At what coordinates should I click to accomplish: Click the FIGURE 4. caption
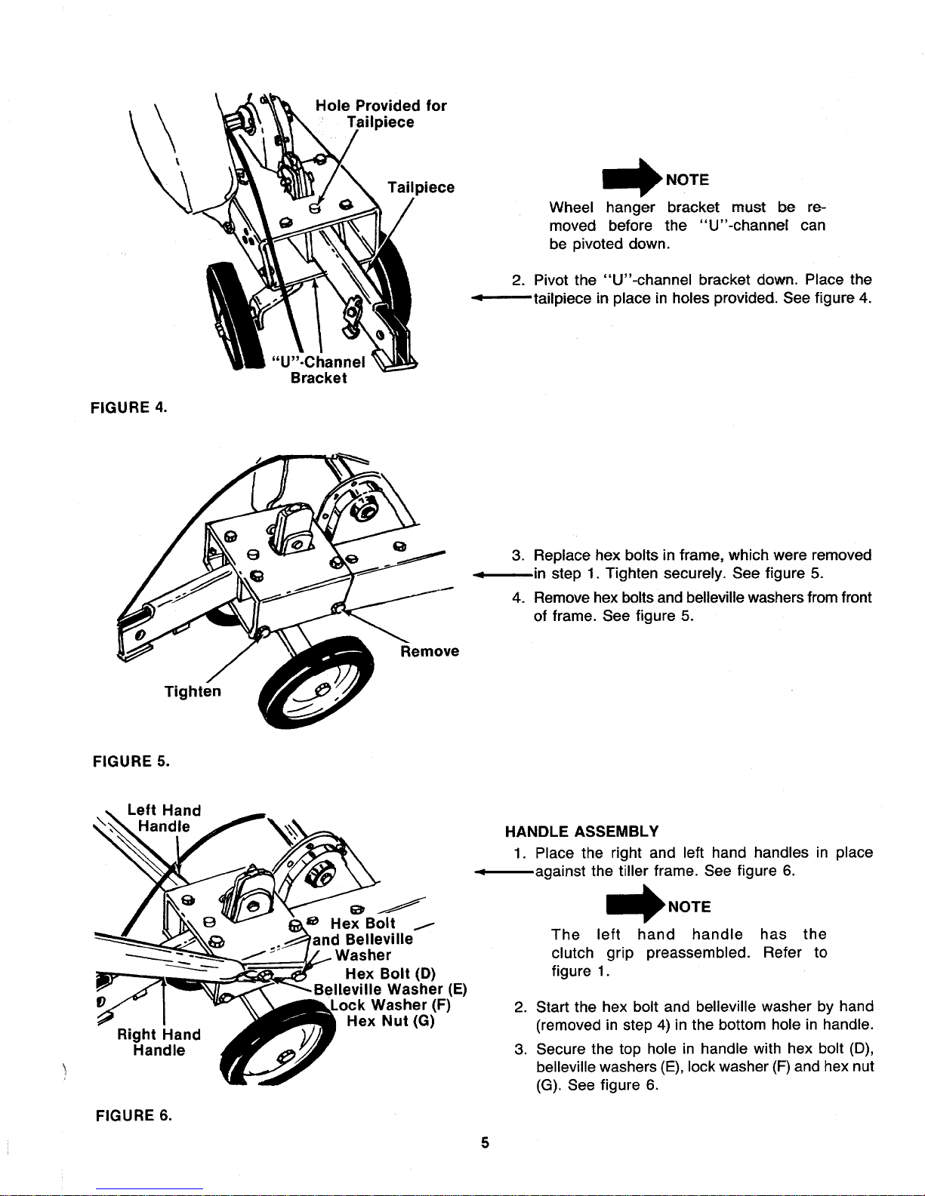click(x=128, y=407)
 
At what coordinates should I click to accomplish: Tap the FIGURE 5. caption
click(x=131, y=761)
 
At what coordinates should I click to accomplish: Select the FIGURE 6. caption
click(x=134, y=1115)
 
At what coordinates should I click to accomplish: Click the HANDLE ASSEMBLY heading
click(x=581, y=831)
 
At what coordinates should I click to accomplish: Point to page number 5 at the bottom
click(x=485, y=1142)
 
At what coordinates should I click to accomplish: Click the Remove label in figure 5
click(x=430, y=651)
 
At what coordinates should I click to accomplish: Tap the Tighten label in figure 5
click(x=193, y=691)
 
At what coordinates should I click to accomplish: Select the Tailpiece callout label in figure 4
click(x=421, y=188)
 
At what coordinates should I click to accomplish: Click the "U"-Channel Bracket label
click(x=319, y=370)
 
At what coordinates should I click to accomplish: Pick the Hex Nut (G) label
click(x=390, y=1021)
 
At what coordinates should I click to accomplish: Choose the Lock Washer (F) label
click(x=390, y=1005)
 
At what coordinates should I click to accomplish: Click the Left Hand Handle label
click(x=164, y=818)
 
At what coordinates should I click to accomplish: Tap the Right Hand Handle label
click(x=159, y=1042)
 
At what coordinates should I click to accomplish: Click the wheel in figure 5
click(x=317, y=682)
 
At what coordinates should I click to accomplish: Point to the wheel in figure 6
click(x=278, y=1044)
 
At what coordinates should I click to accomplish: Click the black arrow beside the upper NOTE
click(x=633, y=178)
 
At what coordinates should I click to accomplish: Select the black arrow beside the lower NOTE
click(x=635, y=904)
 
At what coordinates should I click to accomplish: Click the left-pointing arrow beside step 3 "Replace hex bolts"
click(x=501, y=576)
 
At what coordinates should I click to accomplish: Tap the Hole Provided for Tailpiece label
click(x=381, y=114)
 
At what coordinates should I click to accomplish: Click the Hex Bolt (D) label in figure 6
click(x=390, y=973)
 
